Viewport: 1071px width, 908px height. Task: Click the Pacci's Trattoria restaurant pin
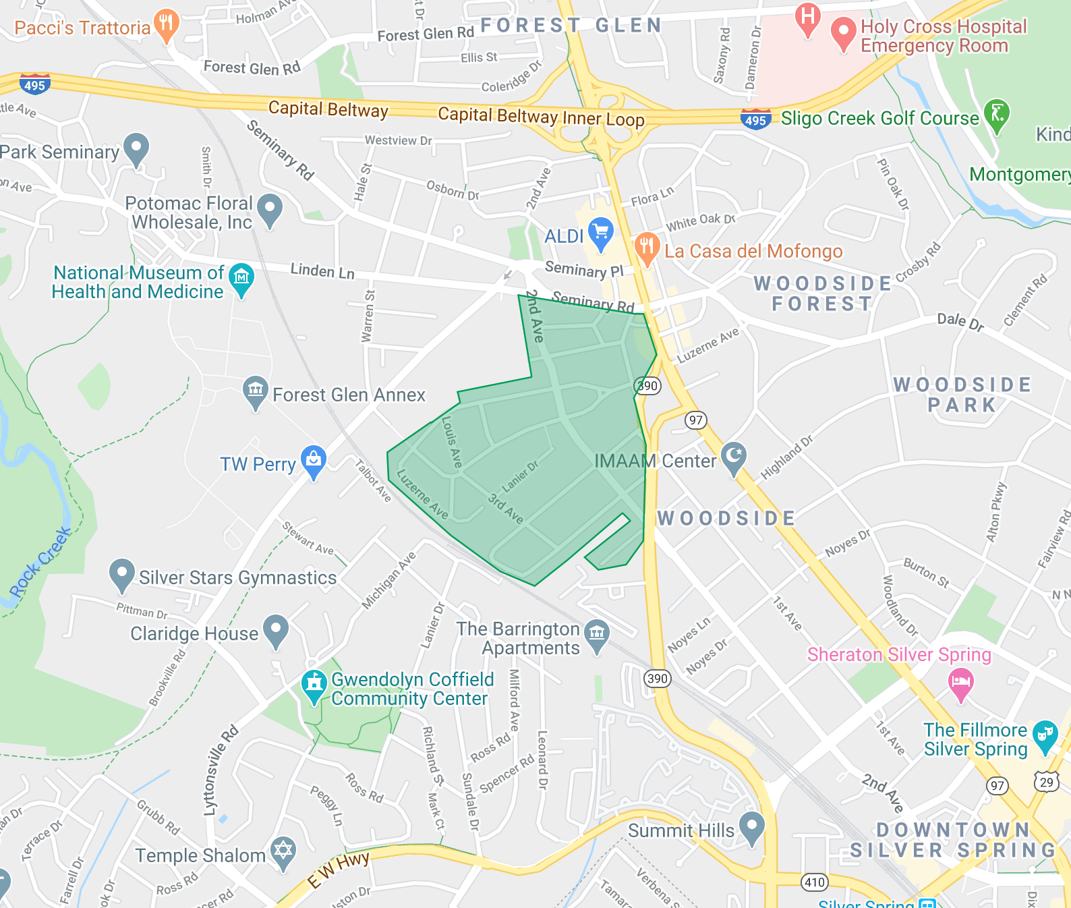(x=166, y=24)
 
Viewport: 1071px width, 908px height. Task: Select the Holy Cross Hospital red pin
(x=843, y=32)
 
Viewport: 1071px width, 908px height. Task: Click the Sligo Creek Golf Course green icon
(x=996, y=114)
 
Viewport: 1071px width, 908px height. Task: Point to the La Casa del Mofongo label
(x=753, y=252)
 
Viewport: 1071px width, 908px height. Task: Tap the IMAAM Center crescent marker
(x=733, y=457)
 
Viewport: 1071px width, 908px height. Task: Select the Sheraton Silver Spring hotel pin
(x=961, y=683)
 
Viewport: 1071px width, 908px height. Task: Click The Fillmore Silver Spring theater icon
(x=1045, y=735)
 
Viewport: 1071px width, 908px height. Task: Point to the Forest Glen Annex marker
(x=255, y=391)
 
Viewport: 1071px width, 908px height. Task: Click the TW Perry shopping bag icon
(x=313, y=460)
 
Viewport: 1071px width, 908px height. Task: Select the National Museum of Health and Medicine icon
(x=241, y=278)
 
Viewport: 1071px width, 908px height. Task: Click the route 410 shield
(x=814, y=882)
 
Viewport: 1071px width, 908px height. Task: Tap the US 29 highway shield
(x=1046, y=782)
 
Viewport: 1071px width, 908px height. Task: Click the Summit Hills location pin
(x=751, y=826)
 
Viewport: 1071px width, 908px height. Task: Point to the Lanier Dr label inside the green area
(x=520, y=476)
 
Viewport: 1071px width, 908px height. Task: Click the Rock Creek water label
(x=40, y=561)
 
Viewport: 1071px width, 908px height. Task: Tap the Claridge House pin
(x=275, y=629)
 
